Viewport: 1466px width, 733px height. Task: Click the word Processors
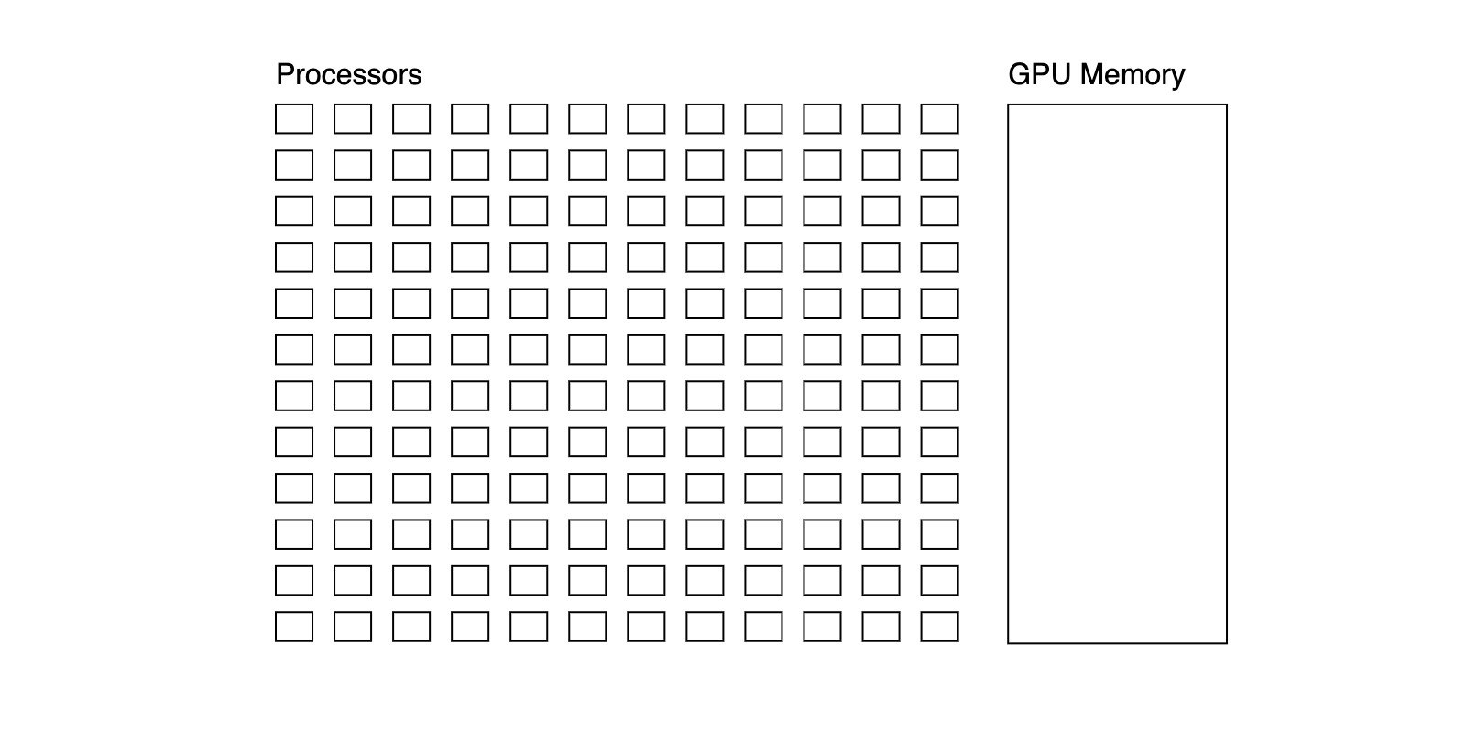click(x=348, y=74)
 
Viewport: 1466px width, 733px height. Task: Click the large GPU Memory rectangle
click(x=1117, y=374)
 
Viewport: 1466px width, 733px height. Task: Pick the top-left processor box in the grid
click(x=294, y=119)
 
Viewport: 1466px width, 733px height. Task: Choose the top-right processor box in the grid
click(x=939, y=119)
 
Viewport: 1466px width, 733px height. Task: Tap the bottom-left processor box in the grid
click(x=294, y=627)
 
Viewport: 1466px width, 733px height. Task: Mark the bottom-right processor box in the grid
click(x=939, y=627)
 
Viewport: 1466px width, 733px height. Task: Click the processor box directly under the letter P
click(x=294, y=119)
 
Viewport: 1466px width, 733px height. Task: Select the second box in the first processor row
click(x=353, y=119)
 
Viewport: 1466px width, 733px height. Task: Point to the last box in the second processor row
click(x=939, y=165)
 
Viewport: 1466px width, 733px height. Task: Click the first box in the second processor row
click(x=294, y=165)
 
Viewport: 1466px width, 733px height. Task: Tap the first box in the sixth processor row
click(x=294, y=350)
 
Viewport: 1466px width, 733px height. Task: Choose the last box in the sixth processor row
click(x=939, y=350)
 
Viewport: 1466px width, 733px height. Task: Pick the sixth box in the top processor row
click(x=587, y=119)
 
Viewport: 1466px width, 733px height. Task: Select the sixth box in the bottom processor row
click(x=587, y=627)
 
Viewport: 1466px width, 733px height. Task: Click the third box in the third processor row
click(x=411, y=212)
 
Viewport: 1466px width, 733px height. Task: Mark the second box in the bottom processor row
click(x=353, y=627)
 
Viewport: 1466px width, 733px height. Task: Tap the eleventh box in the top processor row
click(x=881, y=119)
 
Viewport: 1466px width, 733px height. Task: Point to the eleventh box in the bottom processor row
click(x=881, y=627)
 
